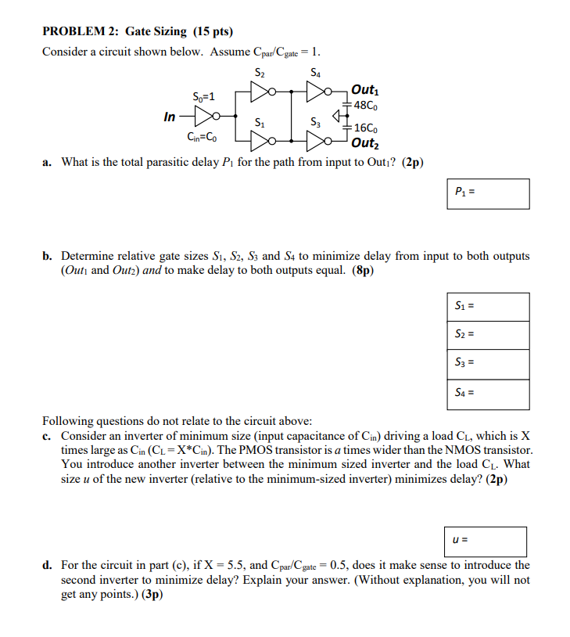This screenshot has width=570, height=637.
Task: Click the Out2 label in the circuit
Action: [x=364, y=143]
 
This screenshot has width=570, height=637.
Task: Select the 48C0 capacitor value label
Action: [x=367, y=105]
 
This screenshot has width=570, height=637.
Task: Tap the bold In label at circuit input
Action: [x=170, y=117]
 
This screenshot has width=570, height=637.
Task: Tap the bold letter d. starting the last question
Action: [x=48, y=565]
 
